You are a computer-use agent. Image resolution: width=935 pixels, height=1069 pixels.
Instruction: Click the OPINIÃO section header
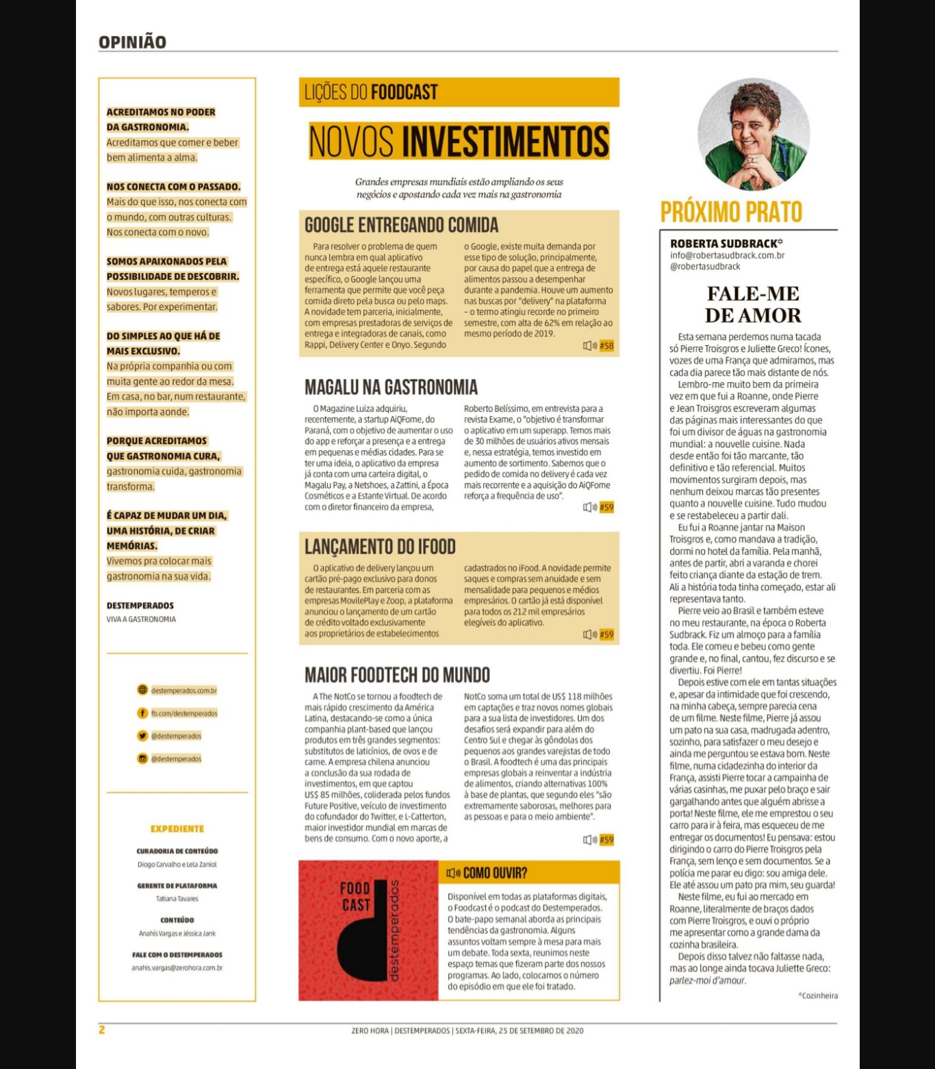click(x=132, y=42)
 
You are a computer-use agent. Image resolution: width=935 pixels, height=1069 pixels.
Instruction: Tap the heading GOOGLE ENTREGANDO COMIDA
click(x=401, y=225)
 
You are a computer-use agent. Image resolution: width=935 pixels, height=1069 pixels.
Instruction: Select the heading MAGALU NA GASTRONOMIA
click(x=391, y=387)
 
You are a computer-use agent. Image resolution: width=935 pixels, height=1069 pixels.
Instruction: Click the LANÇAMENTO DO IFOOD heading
click(x=380, y=546)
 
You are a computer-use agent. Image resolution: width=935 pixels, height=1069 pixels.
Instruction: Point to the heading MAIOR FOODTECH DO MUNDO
click(x=397, y=675)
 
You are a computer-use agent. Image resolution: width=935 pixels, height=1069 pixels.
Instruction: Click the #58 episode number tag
click(x=606, y=346)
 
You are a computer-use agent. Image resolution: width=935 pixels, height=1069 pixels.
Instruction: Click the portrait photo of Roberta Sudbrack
click(x=754, y=135)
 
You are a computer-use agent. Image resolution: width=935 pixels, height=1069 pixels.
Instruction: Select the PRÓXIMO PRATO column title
click(x=731, y=212)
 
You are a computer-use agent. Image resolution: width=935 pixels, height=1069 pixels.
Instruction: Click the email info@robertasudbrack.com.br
click(x=727, y=255)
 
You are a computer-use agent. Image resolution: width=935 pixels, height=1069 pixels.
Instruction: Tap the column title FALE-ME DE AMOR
click(x=753, y=304)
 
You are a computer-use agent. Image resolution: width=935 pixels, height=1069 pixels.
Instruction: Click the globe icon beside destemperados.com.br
click(x=142, y=690)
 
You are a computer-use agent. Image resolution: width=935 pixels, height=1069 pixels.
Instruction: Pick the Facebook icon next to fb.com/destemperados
click(x=142, y=713)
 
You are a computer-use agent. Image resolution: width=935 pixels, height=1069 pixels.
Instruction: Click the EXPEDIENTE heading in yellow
click(x=177, y=829)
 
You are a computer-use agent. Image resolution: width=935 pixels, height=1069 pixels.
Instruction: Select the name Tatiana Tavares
click(x=177, y=899)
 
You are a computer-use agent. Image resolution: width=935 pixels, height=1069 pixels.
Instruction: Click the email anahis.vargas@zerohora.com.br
click(x=177, y=968)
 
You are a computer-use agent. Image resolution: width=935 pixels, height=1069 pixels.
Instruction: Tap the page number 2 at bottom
click(x=102, y=1029)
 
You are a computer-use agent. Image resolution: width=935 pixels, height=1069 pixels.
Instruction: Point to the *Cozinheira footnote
click(x=818, y=996)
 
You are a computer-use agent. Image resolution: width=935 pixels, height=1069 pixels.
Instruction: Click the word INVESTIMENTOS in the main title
click(x=505, y=141)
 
